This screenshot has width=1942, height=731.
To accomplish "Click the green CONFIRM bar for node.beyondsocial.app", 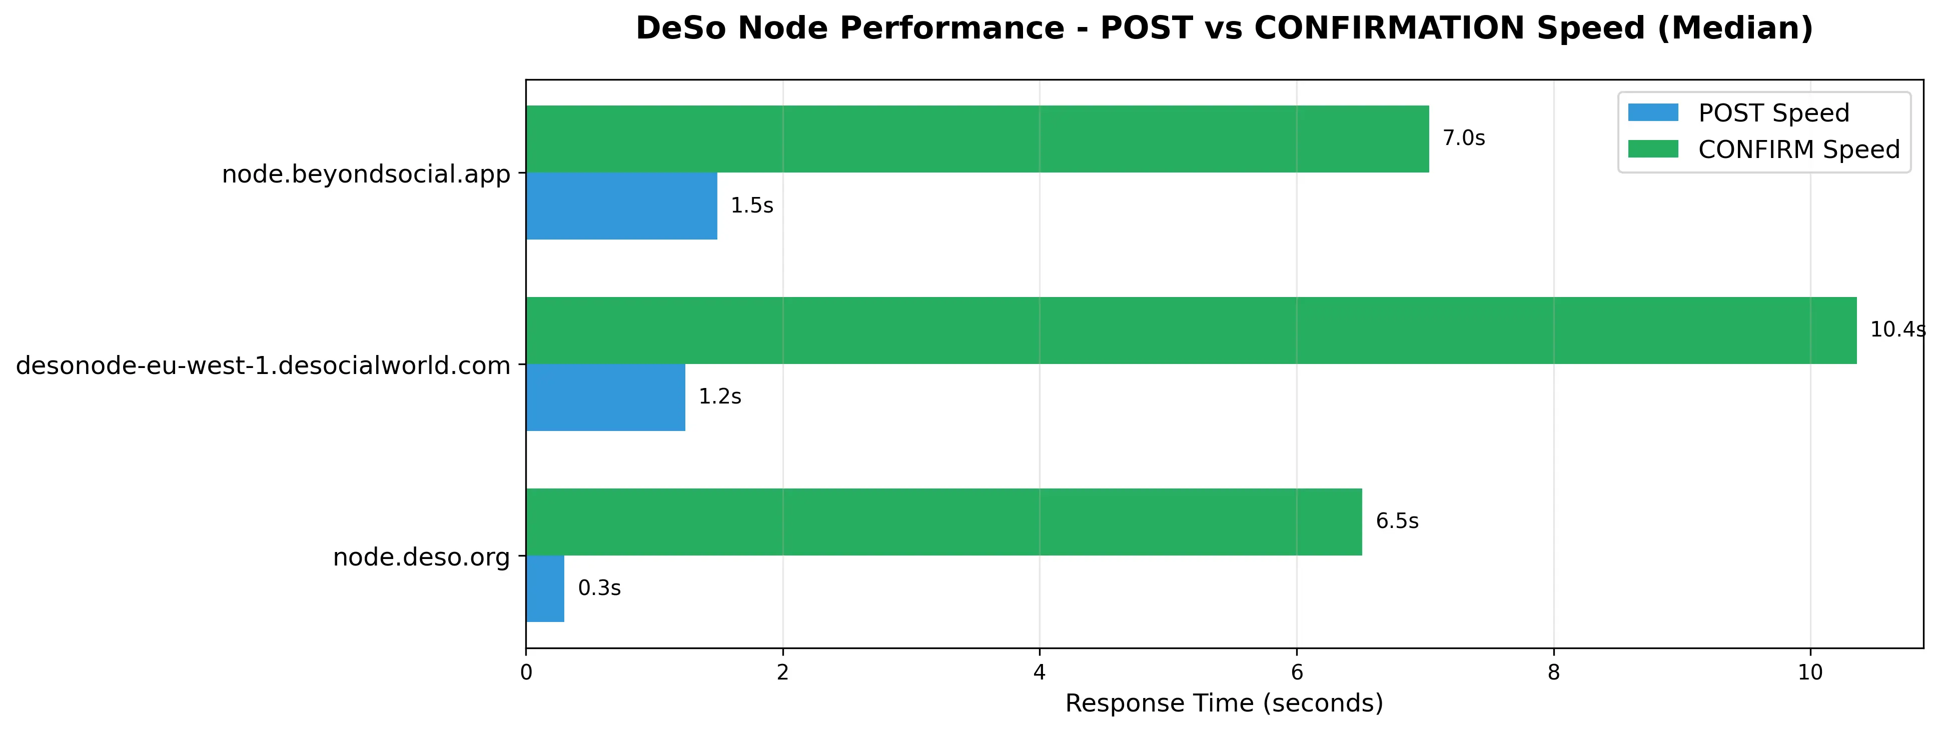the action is click(977, 138).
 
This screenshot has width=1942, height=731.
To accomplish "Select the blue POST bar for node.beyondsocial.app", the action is click(621, 205).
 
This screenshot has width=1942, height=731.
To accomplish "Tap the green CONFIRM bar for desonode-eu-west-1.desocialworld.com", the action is click(1191, 330).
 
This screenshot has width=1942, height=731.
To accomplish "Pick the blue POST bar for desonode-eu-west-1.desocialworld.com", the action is click(605, 397).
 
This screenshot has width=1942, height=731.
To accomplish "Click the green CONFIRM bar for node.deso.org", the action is click(944, 521).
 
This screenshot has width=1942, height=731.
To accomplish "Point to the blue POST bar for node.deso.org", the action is click(545, 588).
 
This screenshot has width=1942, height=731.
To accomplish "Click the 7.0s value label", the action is click(1464, 138).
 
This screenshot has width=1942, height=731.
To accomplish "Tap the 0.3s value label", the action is click(599, 588).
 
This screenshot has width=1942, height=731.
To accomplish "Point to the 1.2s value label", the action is click(720, 397).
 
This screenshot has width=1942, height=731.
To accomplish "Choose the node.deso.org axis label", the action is click(421, 557).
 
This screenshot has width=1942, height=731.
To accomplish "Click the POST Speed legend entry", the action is click(1738, 113).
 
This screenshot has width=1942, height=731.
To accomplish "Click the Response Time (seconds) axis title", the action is click(1224, 704).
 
